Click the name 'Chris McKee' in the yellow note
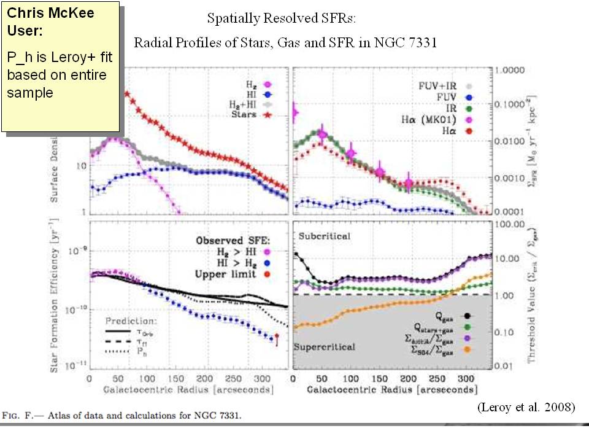point(43,13)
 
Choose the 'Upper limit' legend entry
point(225,274)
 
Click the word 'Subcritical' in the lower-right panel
point(326,236)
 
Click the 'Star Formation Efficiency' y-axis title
point(55,295)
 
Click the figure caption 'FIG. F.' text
point(18,416)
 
